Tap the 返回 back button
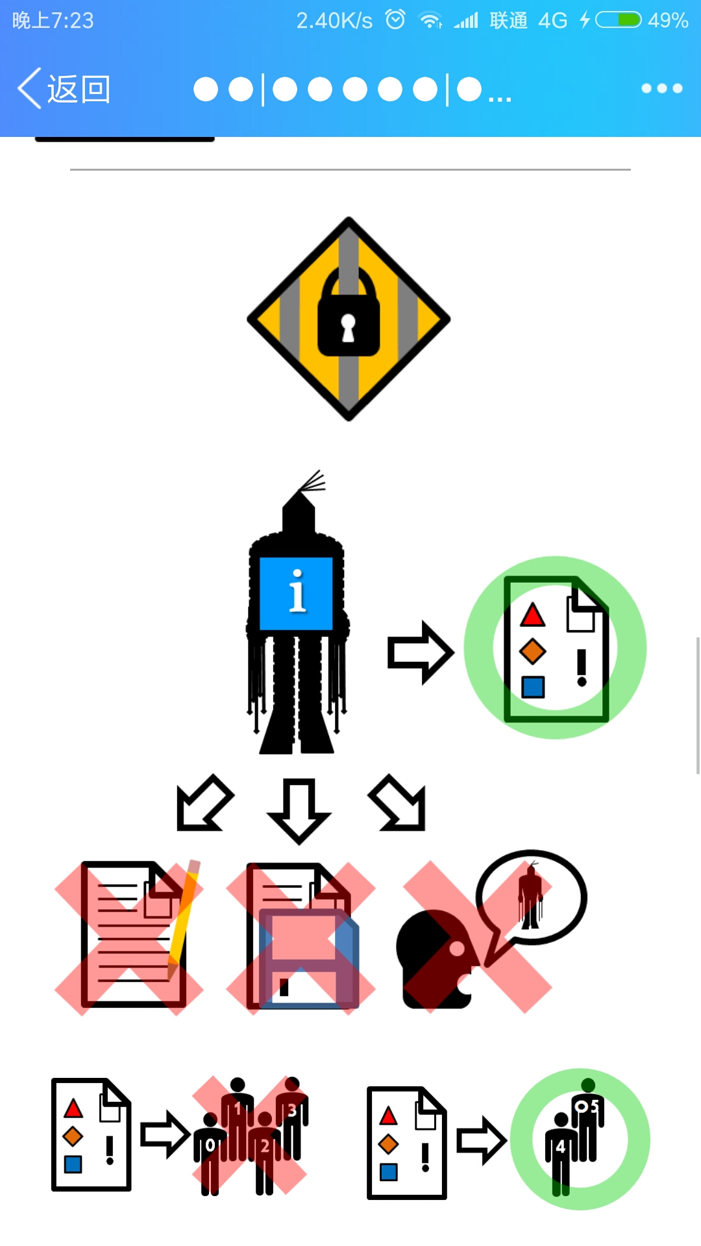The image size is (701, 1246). (64, 89)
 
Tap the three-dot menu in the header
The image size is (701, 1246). (661, 88)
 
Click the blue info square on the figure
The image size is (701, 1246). (296, 593)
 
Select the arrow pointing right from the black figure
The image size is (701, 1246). (420, 652)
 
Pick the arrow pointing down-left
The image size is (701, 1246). (204, 803)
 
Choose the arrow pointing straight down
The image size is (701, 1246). (299, 809)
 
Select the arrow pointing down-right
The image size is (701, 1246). (398, 803)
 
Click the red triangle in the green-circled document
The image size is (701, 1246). (532, 615)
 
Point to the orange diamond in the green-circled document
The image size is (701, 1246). (532, 651)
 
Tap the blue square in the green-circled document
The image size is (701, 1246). (533, 687)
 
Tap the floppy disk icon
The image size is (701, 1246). (309, 959)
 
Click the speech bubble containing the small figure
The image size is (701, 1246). (532, 898)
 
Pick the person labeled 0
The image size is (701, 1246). (210, 1152)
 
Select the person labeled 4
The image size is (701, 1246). (560, 1152)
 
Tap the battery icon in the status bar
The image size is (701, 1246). (619, 20)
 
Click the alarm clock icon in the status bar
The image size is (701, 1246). (395, 20)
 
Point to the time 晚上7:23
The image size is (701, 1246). (53, 21)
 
